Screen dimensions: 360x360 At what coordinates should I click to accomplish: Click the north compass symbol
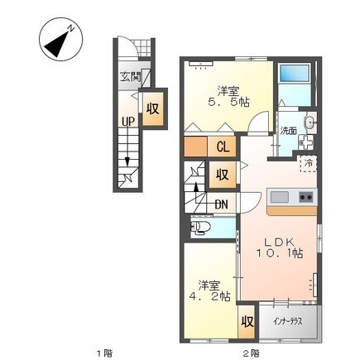[x=60, y=40]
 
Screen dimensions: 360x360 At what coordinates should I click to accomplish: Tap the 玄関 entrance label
[x=130, y=77]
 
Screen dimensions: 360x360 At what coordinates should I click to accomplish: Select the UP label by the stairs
[x=128, y=122]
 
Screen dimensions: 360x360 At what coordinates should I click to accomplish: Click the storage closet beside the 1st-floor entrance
[x=152, y=108]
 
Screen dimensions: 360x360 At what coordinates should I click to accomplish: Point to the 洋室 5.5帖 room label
[x=228, y=97]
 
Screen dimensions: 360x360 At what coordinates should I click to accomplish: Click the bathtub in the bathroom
[x=293, y=73]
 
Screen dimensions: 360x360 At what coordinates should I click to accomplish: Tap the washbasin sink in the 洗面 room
[x=310, y=122]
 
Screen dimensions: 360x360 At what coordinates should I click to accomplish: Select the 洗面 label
[x=288, y=131]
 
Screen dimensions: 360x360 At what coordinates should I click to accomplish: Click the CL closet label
[x=223, y=147]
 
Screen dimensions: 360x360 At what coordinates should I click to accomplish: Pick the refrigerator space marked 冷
[x=308, y=164]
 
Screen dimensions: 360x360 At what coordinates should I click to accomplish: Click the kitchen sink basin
[x=280, y=197]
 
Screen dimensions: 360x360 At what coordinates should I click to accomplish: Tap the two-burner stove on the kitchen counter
[x=306, y=197]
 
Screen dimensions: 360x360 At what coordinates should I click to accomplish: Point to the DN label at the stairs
[x=221, y=204]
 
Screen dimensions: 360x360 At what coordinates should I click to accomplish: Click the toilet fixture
[x=200, y=228]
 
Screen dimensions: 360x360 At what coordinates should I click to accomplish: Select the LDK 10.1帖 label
[x=280, y=247]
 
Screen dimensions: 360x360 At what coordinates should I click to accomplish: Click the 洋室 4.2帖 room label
[x=209, y=290]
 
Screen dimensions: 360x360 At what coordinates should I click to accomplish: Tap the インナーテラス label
[x=288, y=321]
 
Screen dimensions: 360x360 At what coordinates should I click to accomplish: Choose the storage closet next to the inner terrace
[x=247, y=321]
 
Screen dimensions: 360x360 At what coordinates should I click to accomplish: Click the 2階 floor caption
[x=251, y=353]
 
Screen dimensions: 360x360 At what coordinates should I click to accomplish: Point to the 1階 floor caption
[x=104, y=353]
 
